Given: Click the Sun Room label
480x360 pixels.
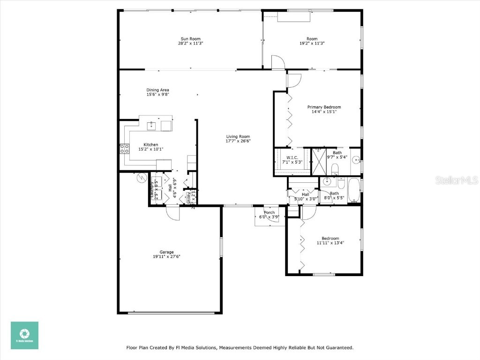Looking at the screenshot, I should tap(190, 39).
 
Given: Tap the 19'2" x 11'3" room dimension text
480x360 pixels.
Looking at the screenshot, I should tap(312, 43).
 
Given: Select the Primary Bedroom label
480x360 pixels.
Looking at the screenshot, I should tap(324, 107).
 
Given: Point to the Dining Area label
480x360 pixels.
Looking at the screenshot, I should tap(157, 90).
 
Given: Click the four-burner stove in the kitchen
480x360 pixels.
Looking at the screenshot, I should tap(125, 149).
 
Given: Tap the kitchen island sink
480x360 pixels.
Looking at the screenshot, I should tap(151, 126).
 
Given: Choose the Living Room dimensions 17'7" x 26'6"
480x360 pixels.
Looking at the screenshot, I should tap(238, 141).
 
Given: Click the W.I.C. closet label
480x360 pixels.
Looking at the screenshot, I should tap(292, 157).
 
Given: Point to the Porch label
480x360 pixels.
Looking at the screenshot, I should tap(270, 212).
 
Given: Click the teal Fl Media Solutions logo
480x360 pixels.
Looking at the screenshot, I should tap(24, 335).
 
